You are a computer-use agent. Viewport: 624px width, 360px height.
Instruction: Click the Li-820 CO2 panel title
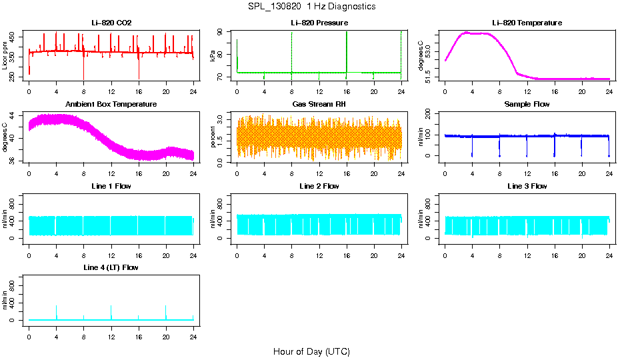[111, 23]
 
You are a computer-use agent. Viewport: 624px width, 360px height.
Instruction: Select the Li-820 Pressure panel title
[319, 23]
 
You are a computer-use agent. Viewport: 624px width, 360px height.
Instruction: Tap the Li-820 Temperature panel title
[527, 23]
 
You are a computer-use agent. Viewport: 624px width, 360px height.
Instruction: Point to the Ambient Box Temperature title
[111, 105]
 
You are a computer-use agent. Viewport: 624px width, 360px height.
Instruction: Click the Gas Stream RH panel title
[319, 105]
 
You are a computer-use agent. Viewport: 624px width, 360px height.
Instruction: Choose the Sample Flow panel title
[527, 105]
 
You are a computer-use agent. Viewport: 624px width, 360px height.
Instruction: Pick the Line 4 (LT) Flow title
[111, 267]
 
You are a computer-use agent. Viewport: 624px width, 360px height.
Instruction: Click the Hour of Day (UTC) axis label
[311, 351]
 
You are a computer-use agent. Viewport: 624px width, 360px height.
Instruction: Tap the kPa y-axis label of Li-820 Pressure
[213, 56]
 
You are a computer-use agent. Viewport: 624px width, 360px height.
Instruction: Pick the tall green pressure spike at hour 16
[347, 50]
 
